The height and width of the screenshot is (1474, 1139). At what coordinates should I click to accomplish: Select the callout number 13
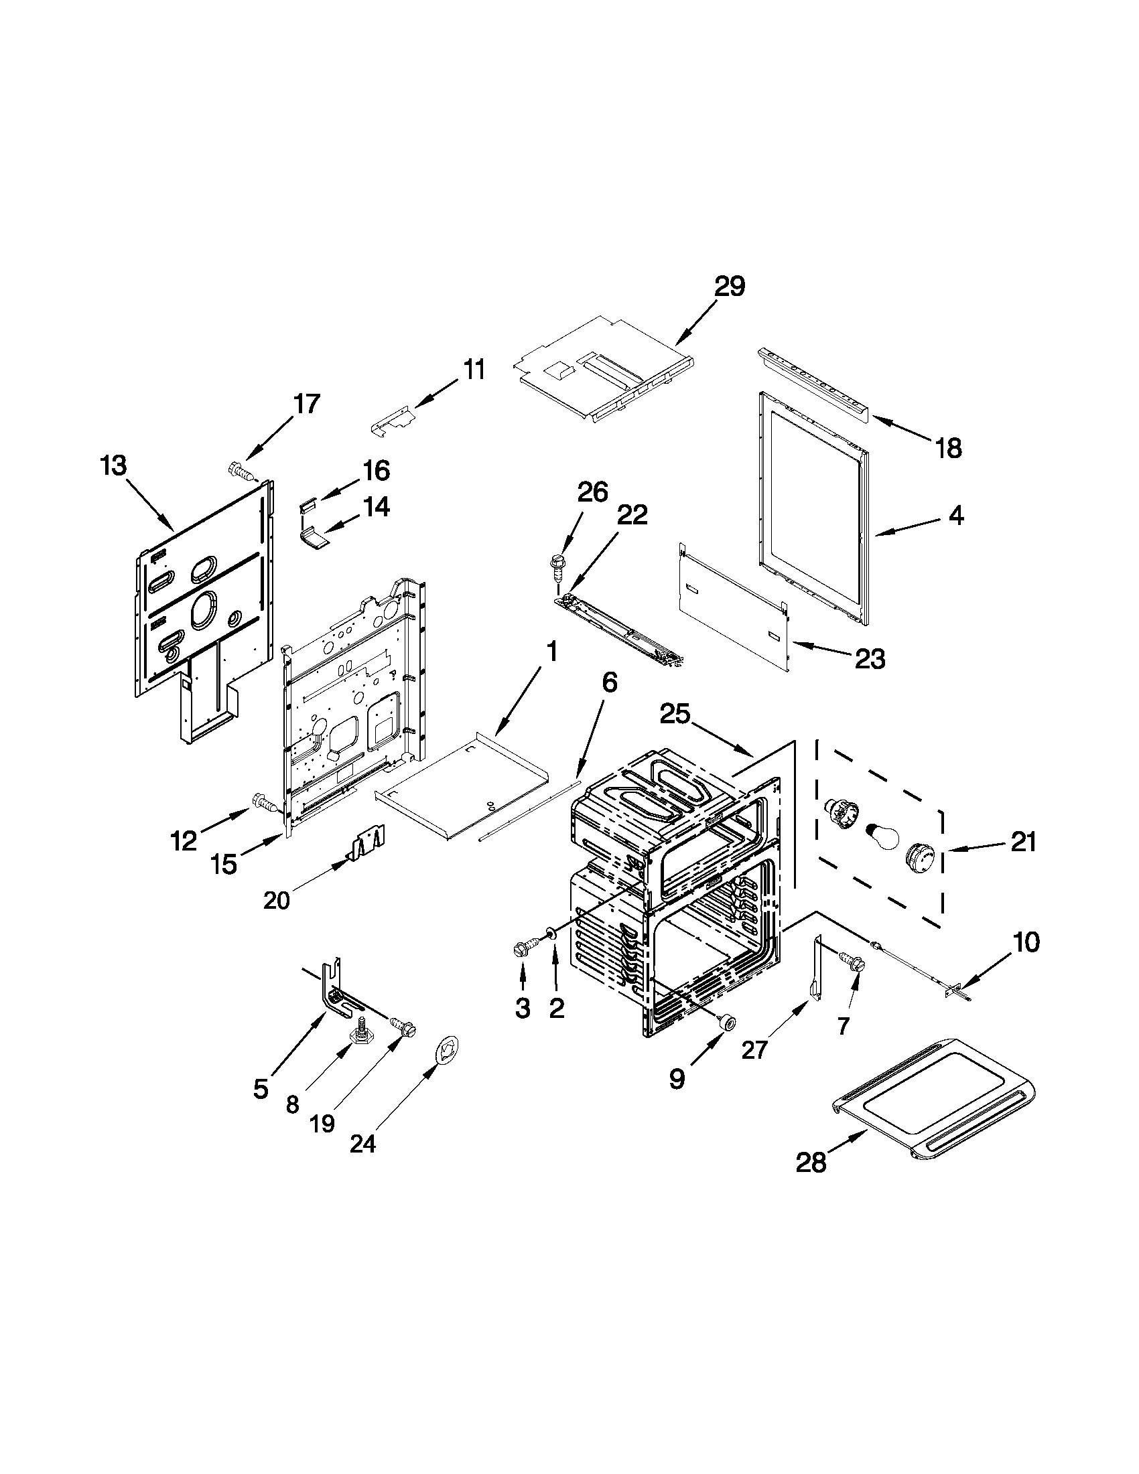[113, 465]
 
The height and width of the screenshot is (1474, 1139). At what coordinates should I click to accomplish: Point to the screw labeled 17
[241, 469]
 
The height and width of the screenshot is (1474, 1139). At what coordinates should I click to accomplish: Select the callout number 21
[1022, 842]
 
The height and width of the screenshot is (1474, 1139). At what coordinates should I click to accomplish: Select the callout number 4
[955, 516]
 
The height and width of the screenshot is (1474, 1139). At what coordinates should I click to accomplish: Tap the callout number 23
[869, 659]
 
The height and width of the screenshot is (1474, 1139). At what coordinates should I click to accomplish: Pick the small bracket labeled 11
[393, 421]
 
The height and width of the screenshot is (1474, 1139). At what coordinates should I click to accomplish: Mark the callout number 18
[948, 447]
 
